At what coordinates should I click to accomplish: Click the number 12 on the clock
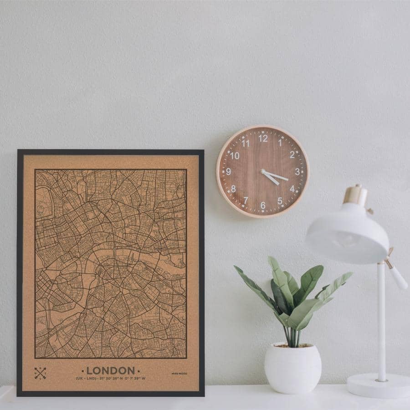click(x=263, y=138)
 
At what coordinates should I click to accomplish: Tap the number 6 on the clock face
click(x=262, y=205)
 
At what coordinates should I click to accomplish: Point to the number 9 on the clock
click(x=228, y=172)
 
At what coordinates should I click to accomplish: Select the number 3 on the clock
click(x=297, y=172)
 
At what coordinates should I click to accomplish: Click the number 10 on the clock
click(x=234, y=155)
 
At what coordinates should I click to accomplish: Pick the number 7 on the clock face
click(x=246, y=200)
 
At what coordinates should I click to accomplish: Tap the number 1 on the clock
click(x=280, y=143)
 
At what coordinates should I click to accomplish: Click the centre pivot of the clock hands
click(x=263, y=172)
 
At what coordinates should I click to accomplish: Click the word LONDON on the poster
click(x=110, y=371)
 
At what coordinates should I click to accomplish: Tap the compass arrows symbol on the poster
click(x=40, y=373)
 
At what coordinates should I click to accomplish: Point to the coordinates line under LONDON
click(x=110, y=378)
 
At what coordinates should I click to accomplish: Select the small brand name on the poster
click(x=179, y=374)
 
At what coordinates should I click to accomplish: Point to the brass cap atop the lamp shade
click(x=355, y=195)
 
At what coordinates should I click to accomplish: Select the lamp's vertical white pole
click(x=381, y=323)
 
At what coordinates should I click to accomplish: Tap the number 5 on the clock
click(x=280, y=200)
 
